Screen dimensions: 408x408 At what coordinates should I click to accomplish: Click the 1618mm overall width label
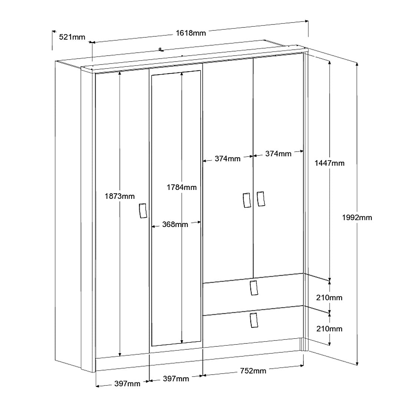[x=191, y=33]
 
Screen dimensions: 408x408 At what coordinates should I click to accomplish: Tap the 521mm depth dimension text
[x=72, y=37]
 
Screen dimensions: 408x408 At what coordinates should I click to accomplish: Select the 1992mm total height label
[x=357, y=217]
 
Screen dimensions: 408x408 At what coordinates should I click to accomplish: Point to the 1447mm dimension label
[x=329, y=163]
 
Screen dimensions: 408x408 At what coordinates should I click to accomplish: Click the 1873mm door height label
[x=120, y=196]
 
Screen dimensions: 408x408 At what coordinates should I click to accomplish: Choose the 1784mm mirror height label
[x=182, y=187]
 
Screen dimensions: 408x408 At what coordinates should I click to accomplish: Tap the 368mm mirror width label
[x=175, y=224]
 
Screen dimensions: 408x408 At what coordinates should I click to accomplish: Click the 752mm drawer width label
[x=253, y=371]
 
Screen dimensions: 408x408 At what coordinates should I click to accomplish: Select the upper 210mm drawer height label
[x=329, y=297]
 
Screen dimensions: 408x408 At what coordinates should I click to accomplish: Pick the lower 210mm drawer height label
[x=329, y=329]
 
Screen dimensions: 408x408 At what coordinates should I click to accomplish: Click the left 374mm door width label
[x=228, y=158]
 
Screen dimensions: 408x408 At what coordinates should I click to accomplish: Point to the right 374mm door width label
[x=278, y=154]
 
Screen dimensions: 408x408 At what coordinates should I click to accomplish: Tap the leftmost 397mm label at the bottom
[x=127, y=384]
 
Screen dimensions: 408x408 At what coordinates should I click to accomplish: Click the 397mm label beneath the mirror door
[x=176, y=379]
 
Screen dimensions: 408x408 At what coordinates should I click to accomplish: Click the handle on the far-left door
[x=143, y=211]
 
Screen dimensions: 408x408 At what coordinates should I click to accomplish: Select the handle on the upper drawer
[x=254, y=288]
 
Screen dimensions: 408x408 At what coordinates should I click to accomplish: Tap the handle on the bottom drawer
[x=254, y=320]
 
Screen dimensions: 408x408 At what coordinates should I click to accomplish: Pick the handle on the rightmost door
[x=260, y=199]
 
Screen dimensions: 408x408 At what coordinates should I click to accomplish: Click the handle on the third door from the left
[x=247, y=200]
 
